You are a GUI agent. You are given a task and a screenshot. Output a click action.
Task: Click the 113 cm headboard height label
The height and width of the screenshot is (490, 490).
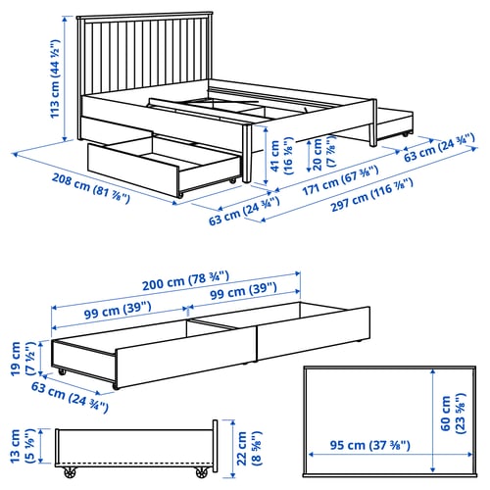(55, 78)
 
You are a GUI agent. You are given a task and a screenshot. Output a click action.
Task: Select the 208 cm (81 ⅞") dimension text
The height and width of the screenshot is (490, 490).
(91, 189)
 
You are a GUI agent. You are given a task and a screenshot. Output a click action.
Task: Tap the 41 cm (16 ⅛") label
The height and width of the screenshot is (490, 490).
(282, 156)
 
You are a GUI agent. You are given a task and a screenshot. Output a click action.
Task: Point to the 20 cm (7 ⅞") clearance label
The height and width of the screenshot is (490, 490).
(323, 153)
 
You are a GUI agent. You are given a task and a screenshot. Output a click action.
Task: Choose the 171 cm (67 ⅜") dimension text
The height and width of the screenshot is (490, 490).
(340, 180)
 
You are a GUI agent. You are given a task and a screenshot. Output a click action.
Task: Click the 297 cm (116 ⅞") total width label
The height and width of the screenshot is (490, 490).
(371, 195)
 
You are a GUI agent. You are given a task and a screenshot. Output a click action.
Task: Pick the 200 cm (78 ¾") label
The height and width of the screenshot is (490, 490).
(185, 280)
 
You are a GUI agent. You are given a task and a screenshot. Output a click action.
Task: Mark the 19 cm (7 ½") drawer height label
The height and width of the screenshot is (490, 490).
(23, 359)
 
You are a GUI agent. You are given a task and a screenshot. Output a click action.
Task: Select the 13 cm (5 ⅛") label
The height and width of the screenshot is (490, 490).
(22, 446)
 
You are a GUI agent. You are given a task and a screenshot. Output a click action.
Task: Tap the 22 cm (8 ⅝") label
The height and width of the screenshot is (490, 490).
(249, 448)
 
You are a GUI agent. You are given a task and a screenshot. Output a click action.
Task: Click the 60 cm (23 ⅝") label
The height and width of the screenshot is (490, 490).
(453, 414)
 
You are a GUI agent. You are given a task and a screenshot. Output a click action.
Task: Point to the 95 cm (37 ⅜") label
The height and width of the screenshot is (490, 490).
(369, 445)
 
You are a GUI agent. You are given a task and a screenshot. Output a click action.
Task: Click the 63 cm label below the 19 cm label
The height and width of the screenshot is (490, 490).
(70, 396)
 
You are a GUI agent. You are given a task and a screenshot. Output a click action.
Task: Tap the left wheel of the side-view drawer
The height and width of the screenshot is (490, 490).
(71, 472)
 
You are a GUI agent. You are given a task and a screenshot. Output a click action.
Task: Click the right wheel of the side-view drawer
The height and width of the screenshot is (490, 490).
(202, 472)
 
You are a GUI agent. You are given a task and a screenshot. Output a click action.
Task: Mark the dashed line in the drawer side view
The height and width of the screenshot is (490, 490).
(134, 463)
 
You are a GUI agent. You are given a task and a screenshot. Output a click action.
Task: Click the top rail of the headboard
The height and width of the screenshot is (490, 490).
(145, 17)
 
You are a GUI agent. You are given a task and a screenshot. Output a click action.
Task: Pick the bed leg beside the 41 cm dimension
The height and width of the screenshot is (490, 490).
(247, 153)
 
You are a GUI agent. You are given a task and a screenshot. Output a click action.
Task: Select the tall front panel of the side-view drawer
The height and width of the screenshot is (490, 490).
(215, 446)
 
